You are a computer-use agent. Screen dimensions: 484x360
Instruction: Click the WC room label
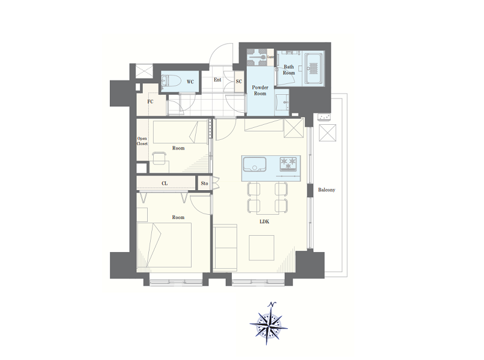[190, 82]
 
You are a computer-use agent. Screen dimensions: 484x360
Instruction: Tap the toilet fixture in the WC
[171, 82]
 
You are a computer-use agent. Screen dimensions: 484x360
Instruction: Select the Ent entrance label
[217, 80]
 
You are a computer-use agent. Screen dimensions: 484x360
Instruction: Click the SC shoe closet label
[239, 82]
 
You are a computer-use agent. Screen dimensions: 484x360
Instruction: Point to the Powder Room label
[260, 91]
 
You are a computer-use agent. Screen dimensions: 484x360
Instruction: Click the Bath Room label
[289, 70]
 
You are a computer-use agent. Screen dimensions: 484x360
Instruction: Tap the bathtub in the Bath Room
[313, 68]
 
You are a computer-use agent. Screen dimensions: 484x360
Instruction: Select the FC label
[150, 101]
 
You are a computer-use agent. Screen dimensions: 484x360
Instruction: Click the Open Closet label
[142, 141]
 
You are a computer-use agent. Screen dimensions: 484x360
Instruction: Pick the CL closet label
[165, 183]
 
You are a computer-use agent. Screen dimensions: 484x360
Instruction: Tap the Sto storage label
[204, 183]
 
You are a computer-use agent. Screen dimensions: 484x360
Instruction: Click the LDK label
[265, 221]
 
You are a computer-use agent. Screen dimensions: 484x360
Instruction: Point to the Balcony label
[327, 190]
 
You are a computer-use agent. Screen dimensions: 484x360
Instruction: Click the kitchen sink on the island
[255, 164]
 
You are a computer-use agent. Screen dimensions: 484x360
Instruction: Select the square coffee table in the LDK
[262, 248]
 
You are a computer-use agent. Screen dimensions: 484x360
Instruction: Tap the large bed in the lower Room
[164, 245]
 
